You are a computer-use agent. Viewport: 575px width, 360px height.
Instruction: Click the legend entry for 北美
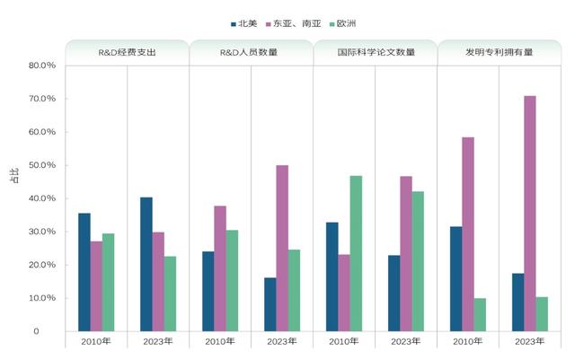pos(244,23)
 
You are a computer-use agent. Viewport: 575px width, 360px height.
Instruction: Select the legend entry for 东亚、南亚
pos(300,23)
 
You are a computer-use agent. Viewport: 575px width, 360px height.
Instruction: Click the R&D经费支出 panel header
pos(127,52)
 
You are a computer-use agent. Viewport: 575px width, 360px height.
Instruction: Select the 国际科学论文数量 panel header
pos(376,52)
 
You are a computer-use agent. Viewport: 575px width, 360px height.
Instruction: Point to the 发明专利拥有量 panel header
pos(500,52)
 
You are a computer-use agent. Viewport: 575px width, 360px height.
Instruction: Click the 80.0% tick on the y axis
pos(41,66)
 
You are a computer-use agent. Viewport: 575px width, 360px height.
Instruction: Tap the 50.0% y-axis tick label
pos(41,165)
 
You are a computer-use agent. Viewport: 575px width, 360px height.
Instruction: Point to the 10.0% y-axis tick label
pos(41,298)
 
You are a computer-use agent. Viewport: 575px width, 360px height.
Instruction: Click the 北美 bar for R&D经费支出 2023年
pos(146,264)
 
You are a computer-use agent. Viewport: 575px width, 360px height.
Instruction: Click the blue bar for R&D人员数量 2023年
pos(270,304)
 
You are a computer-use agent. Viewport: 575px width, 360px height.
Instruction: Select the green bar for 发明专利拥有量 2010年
pos(480,314)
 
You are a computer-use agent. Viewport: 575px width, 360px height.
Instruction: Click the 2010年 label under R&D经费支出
pos(96,341)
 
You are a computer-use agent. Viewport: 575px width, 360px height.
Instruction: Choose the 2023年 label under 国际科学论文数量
pos(406,341)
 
